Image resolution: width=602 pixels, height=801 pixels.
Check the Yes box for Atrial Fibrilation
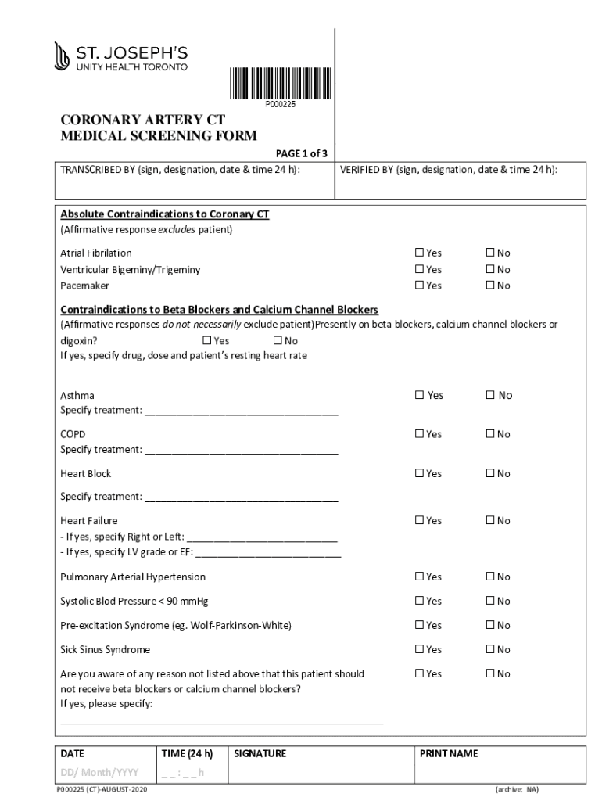click(x=419, y=253)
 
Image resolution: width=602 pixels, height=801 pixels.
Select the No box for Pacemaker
click(x=490, y=286)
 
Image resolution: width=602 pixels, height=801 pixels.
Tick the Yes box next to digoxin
click(x=207, y=341)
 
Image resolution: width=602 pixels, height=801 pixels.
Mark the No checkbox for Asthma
click(x=490, y=395)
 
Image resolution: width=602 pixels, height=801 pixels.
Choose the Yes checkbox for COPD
click(x=419, y=434)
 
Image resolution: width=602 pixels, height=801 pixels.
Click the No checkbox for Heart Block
click(x=490, y=473)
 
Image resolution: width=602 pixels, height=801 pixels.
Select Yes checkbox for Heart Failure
click(x=419, y=520)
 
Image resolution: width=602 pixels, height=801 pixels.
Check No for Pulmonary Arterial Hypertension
click(x=490, y=577)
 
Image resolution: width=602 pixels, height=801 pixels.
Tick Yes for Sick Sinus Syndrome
click(x=419, y=649)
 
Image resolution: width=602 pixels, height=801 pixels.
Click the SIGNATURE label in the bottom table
click(x=260, y=754)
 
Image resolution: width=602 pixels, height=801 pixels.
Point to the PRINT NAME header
click(x=449, y=754)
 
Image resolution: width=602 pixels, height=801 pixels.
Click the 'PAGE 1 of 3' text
click(x=301, y=153)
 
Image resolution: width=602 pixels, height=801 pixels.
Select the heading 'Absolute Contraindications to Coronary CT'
click(x=165, y=214)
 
